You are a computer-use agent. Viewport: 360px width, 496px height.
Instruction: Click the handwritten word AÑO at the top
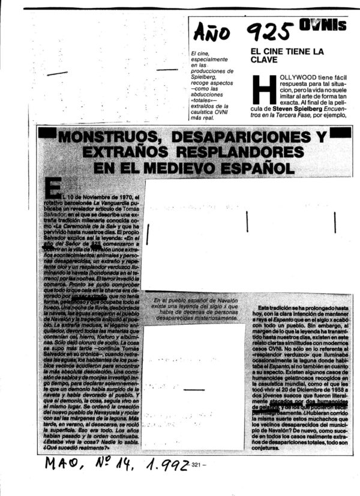212,32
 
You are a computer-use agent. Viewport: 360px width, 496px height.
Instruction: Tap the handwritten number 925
271,30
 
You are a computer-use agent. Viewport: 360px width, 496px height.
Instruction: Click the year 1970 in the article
126,196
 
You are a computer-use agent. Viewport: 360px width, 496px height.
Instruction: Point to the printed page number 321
201,464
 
